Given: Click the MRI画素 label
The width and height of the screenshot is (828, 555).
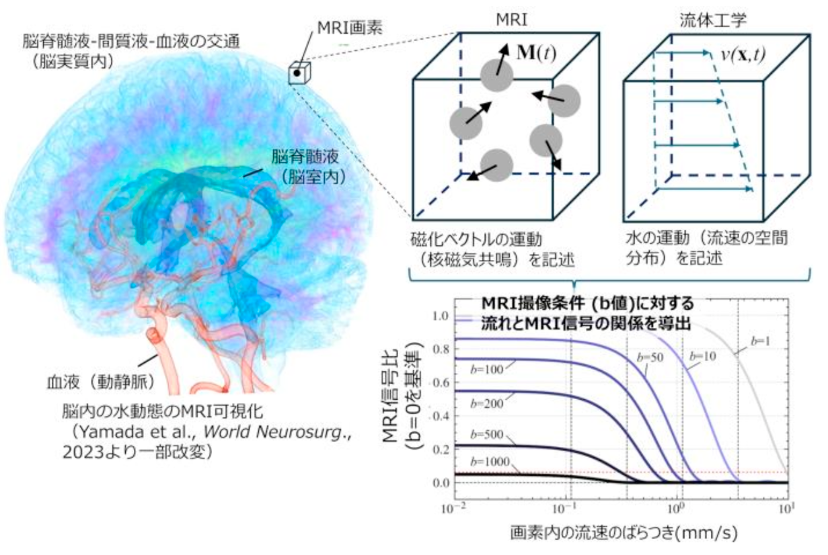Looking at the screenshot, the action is point(350,28).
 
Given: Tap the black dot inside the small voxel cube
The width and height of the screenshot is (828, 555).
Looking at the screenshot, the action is point(297,73).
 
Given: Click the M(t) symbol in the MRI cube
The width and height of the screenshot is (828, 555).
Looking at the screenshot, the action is point(536,53).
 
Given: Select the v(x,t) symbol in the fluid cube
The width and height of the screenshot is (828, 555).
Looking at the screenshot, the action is point(743,54).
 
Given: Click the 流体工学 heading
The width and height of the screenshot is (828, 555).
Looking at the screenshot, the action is point(714,20).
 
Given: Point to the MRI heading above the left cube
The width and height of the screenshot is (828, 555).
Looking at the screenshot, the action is point(512,20).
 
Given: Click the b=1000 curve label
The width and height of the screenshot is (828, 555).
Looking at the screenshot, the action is point(490,462).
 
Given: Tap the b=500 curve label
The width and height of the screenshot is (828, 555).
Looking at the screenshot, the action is point(487,435).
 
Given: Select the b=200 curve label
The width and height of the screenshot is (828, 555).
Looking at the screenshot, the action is point(487,403).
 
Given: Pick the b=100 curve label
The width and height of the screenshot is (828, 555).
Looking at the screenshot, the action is point(487,370).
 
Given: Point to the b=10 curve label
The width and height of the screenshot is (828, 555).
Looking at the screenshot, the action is point(703,356).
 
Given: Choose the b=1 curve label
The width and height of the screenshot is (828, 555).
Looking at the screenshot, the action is point(760,341).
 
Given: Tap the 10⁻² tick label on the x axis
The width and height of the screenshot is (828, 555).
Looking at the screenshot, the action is point(453,509).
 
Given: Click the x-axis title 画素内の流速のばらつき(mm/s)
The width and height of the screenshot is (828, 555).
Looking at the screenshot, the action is point(624,533).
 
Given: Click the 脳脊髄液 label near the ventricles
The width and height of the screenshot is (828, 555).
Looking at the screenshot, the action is point(305,157).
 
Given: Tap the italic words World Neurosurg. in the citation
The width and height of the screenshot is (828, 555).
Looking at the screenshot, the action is point(277,432).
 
